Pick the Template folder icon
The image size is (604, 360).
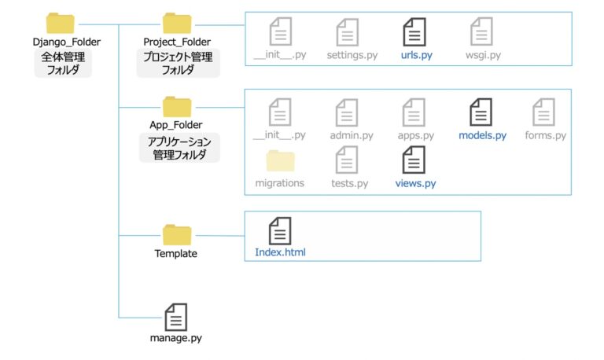pyautogui.click(x=177, y=234)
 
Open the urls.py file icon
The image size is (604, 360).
pyautogui.click(x=414, y=32)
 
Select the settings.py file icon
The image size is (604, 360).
pyautogui.click(x=348, y=32)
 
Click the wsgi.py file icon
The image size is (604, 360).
pyautogui.click(x=481, y=32)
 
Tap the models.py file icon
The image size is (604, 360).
pyautogui.click(x=481, y=112)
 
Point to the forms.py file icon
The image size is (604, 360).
pyautogui.click(x=544, y=112)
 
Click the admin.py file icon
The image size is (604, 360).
pyautogui.click(x=348, y=112)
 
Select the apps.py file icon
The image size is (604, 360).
pyautogui.click(x=414, y=112)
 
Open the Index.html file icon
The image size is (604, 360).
pyautogui.click(x=280, y=230)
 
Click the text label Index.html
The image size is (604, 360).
pyautogui.click(x=280, y=252)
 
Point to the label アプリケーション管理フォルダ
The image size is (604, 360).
pyautogui.click(x=177, y=147)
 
